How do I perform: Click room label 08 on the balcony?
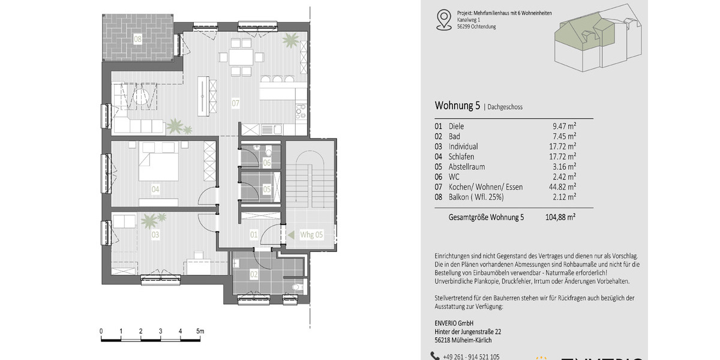pos(138,39)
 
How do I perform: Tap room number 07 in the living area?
pos(236,104)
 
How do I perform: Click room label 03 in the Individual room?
pos(155,235)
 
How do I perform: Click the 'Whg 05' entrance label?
pos(311,235)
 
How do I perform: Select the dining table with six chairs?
pos(241,58)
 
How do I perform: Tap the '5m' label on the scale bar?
pos(200,331)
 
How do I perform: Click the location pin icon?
pos(443,19)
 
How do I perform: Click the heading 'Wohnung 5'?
pos(457,106)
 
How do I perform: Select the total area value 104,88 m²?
pos(564,217)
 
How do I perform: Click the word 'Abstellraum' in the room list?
pos(467,167)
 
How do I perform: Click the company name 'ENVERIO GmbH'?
pos(454,323)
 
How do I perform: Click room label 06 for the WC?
pos(266,163)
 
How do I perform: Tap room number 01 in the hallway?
pos(254,235)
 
